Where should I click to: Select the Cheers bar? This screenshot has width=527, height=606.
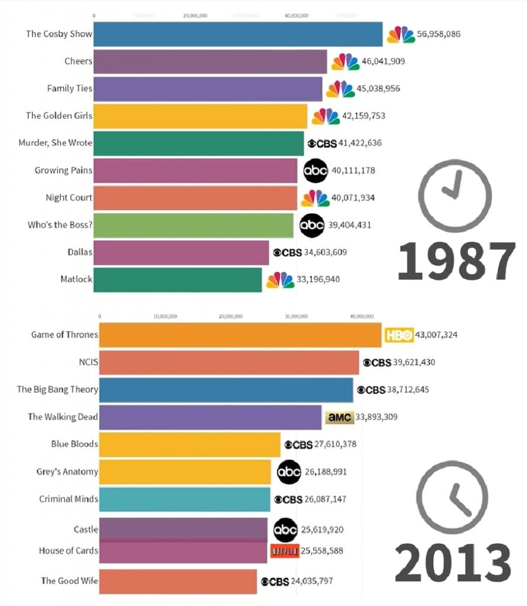(x=210, y=62)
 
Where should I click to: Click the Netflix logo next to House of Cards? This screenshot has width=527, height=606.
(x=284, y=551)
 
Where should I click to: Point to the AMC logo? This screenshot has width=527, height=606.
(x=339, y=417)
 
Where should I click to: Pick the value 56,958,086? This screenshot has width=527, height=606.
(x=438, y=34)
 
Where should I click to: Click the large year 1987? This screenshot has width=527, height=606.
(x=455, y=261)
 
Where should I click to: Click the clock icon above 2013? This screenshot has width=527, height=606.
(x=452, y=497)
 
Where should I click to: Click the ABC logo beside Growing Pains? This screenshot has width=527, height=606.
(x=315, y=171)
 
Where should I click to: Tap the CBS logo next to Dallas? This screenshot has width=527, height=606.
(x=287, y=252)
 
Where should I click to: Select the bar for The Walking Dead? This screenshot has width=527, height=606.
(x=210, y=417)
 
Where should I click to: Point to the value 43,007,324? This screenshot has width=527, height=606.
(x=436, y=336)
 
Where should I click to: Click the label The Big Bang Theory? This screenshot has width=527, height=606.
(x=57, y=389)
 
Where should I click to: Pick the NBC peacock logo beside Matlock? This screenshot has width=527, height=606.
(x=280, y=280)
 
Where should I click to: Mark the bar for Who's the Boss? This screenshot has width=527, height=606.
(x=193, y=225)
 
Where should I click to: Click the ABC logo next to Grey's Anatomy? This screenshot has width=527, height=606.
(x=289, y=472)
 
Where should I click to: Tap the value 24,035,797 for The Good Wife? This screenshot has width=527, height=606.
(x=319, y=582)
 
